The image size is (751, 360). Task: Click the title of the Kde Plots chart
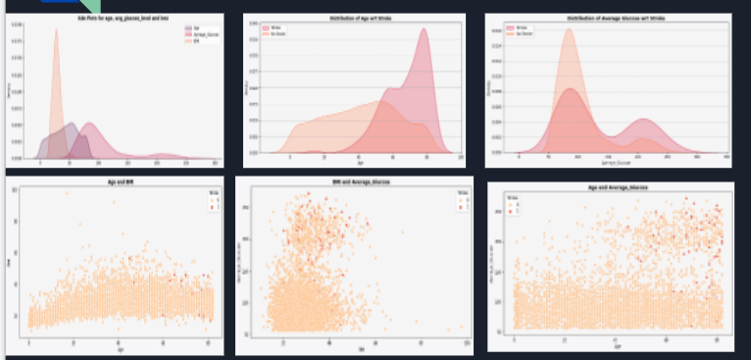tap(118, 19)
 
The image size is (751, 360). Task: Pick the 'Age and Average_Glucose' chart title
tap(608, 186)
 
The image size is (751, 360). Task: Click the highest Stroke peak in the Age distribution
tap(425, 34)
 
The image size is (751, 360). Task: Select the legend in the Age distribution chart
tap(273, 34)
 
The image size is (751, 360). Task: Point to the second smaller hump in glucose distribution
tap(643, 126)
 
